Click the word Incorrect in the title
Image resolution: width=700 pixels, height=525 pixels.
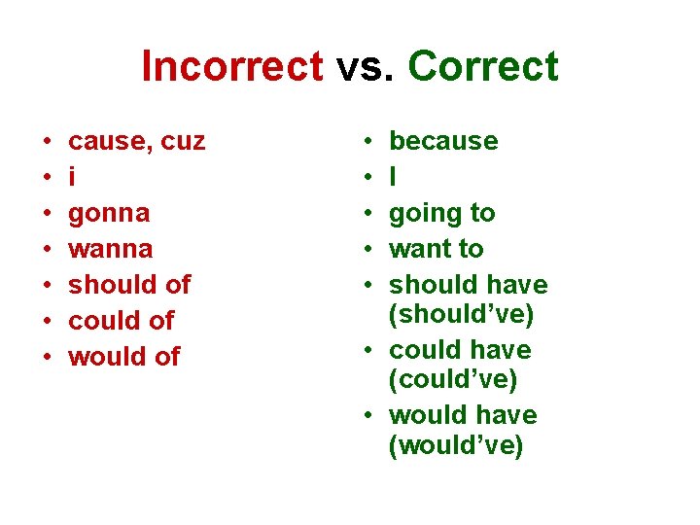(x=231, y=66)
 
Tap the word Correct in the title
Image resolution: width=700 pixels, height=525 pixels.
(x=483, y=66)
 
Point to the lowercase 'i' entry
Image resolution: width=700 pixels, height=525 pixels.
(x=72, y=177)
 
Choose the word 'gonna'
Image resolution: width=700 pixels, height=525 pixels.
(x=109, y=214)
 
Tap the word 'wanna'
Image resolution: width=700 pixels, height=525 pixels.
(x=111, y=249)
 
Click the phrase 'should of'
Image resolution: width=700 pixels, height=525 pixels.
(x=129, y=285)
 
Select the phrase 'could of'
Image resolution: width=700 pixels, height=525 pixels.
(x=122, y=321)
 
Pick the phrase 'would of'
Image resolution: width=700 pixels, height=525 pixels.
(x=124, y=357)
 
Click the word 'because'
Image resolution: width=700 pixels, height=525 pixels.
(x=443, y=142)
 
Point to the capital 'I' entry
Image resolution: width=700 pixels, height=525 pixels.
(x=393, y=177)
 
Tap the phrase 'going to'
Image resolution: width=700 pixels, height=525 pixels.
(x=441, y=213)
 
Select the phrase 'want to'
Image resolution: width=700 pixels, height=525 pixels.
(x=436, y=249)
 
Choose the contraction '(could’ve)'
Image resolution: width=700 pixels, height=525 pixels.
(x=452, y=379)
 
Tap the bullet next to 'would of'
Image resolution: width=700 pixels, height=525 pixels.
(x=48, y=357)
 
